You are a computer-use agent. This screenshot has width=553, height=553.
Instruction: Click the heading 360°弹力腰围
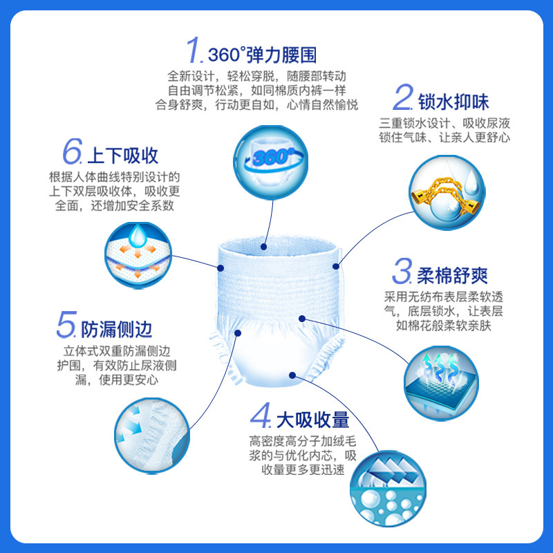(x=262, y=55)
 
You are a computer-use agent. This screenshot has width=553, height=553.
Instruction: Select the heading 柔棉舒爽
(x=452, y=275)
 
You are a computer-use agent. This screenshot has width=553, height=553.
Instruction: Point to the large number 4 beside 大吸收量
(x=261, y=417)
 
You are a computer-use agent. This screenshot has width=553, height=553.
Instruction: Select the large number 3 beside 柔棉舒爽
(x=403, y=272)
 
